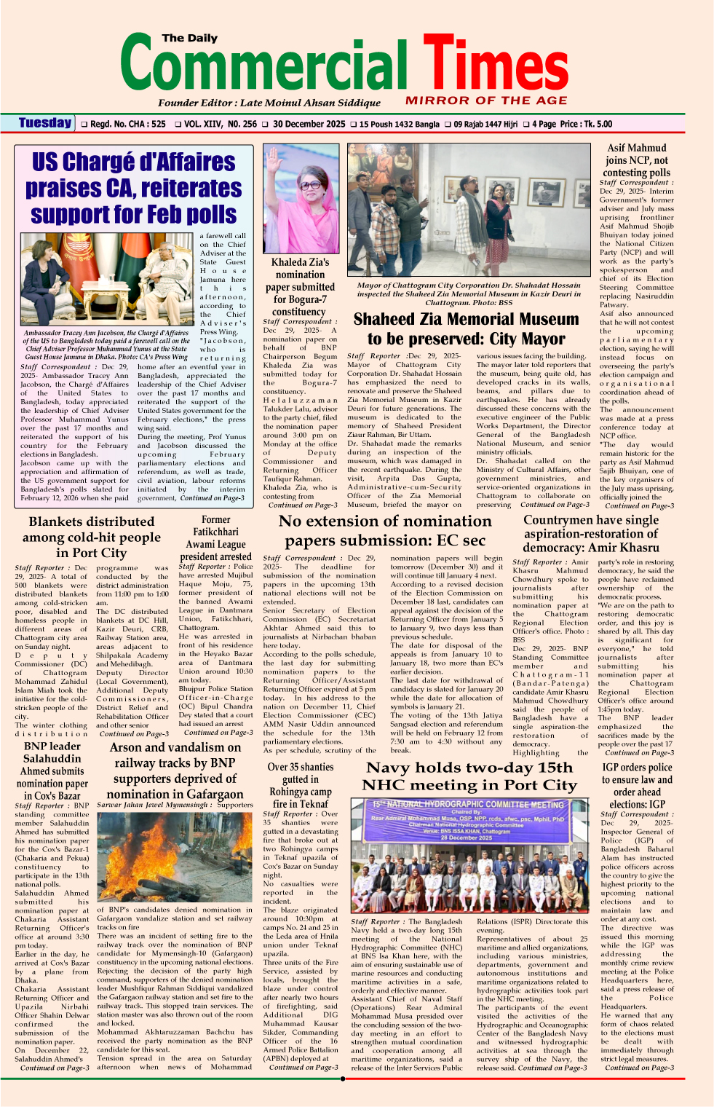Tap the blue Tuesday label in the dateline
pyautogui.click(x=45, y=123)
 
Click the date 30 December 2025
pyautogui.click(x=309, y=124)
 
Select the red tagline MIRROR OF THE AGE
pyautogui.click(x=486, y=101)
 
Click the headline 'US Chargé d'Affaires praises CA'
pyautogui.click(x=134, y=188)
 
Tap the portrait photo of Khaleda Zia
pyautogui.click(x=300, y=197)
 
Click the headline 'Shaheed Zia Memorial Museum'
pyautogui.click(x=466, y=328)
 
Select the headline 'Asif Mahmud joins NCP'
pyautogui.click(x=636, y=160)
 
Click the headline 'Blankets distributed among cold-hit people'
pyautogui.click(x=92, y=537)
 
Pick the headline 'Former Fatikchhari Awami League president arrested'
pyautogui.click(x=215, y=538)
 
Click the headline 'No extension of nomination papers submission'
pyautogui.click(x=385, y=530)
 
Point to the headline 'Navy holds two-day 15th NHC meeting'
pyautogui.click(x=470, y=776)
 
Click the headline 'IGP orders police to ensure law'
pyautogui.click(x=637, y=785)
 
